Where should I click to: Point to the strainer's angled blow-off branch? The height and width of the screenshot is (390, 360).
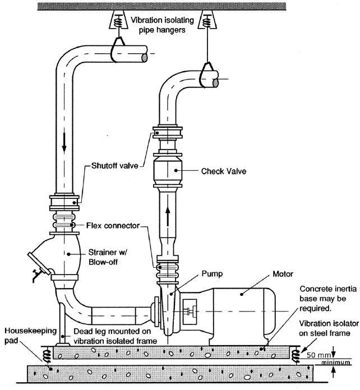[x=38, y=263]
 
